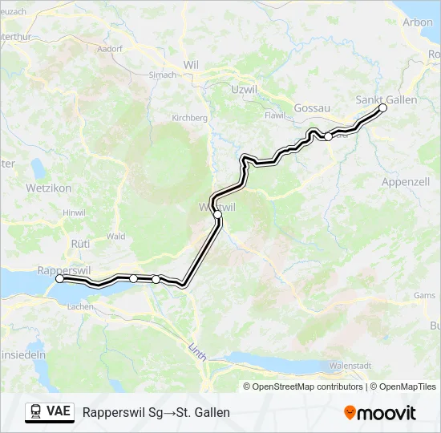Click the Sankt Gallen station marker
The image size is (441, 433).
(x=382, y=107)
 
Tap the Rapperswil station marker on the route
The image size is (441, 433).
(x=60, y=279)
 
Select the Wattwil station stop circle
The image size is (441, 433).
(x=217, y=214)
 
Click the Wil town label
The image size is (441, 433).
(x=191, y=64)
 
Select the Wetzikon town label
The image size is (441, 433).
(x=50, y=188)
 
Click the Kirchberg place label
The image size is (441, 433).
(x=190, y=118)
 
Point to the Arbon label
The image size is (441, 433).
(x=418, y=22)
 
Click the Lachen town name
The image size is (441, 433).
(x=81, y=306)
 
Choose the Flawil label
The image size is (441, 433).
(x=275, y=115)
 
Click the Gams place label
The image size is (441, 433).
(x=424, y=294)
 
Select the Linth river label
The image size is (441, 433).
(x=196, y=350)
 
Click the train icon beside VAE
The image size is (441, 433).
(x=35, y=412)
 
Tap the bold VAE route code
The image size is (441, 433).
(x=59, y=412)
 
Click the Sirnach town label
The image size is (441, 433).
(x=163, y=75)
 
